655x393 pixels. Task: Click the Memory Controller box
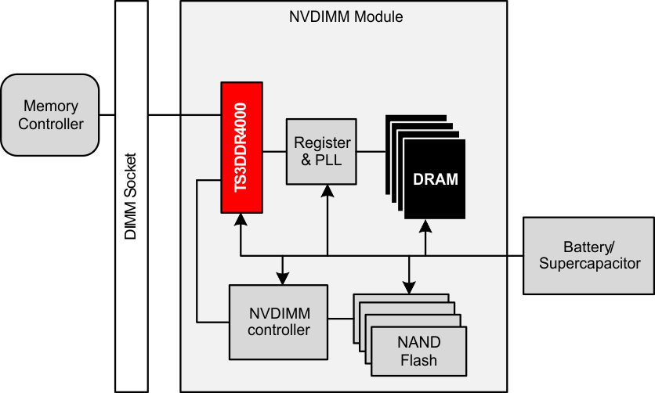click(x=51, y=114)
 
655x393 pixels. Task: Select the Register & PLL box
click(x=320, y=152)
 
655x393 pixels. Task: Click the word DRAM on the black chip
click(x=435, y=180)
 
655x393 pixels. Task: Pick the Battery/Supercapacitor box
click(x=589, y=255)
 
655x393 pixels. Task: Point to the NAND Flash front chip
click(x=419, y=352)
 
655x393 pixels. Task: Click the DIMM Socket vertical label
click(x=131, y=196)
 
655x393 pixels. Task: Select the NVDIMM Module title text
click(x=346, y=16)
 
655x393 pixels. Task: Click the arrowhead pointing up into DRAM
click(x=425, y=227)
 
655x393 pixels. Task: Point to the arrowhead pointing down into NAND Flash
click(x=407, y=287)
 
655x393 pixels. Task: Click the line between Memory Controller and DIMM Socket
click(x=108, y=115)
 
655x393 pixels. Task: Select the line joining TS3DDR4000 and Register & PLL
click(x=273, y=152)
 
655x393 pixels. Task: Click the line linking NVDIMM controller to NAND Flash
click(x=341, y=319)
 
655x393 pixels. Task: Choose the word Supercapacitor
click(x=589, y=264)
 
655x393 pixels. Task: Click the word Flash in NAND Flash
click(x=419, y=360)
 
